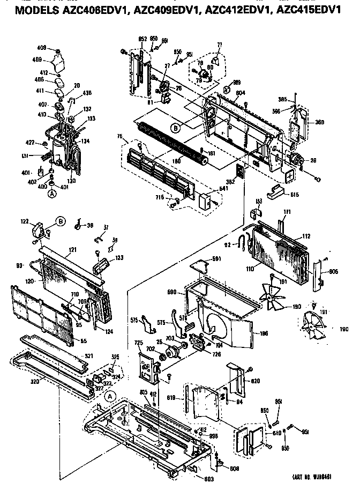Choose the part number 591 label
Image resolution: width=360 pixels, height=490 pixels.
point(216,259)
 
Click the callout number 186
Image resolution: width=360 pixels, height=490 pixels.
point(264,333)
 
